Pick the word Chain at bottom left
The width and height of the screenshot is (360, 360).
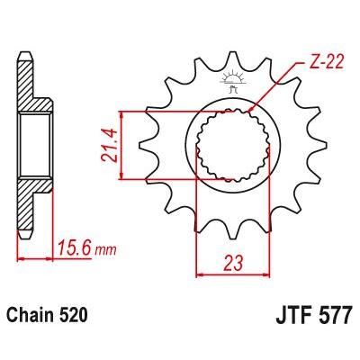[31, 317]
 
